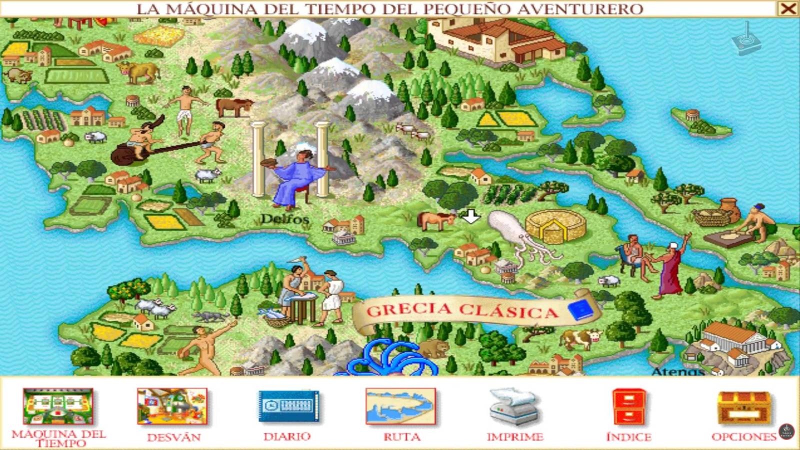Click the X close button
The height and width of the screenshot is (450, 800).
click(788, 8)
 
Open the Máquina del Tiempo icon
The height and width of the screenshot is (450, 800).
click(58, 406)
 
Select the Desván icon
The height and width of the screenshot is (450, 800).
click(172, 406)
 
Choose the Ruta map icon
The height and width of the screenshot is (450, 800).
click(400, 406)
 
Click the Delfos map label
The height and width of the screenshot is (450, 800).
click(284, 219)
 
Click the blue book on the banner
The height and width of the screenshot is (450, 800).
click(580, 310)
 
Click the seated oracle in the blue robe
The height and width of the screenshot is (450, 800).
click(296, 177)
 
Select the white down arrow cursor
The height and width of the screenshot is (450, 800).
click(470, 216)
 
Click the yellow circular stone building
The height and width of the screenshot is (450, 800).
click(555, 226)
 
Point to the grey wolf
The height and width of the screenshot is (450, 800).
click(210, 316)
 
